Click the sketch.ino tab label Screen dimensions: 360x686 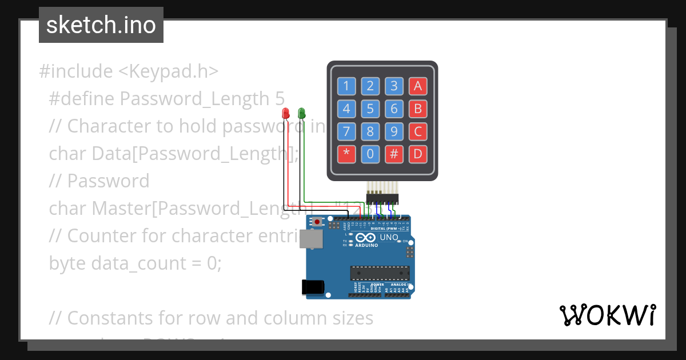coord(101,25)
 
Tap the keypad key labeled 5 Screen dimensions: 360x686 coord(370,109)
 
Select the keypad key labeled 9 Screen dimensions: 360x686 coord(394,131)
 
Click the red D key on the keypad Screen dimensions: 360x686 coord(418,154)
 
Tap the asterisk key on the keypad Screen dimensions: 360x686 coord(346,154)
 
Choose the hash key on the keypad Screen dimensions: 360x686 coord(394,154)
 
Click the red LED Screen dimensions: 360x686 coord(286,113)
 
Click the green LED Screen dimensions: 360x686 coord(302,113)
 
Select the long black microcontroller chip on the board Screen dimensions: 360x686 coord(380,274)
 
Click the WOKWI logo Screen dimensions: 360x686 coord(607,315)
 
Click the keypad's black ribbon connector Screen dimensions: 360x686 coord(382,199)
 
